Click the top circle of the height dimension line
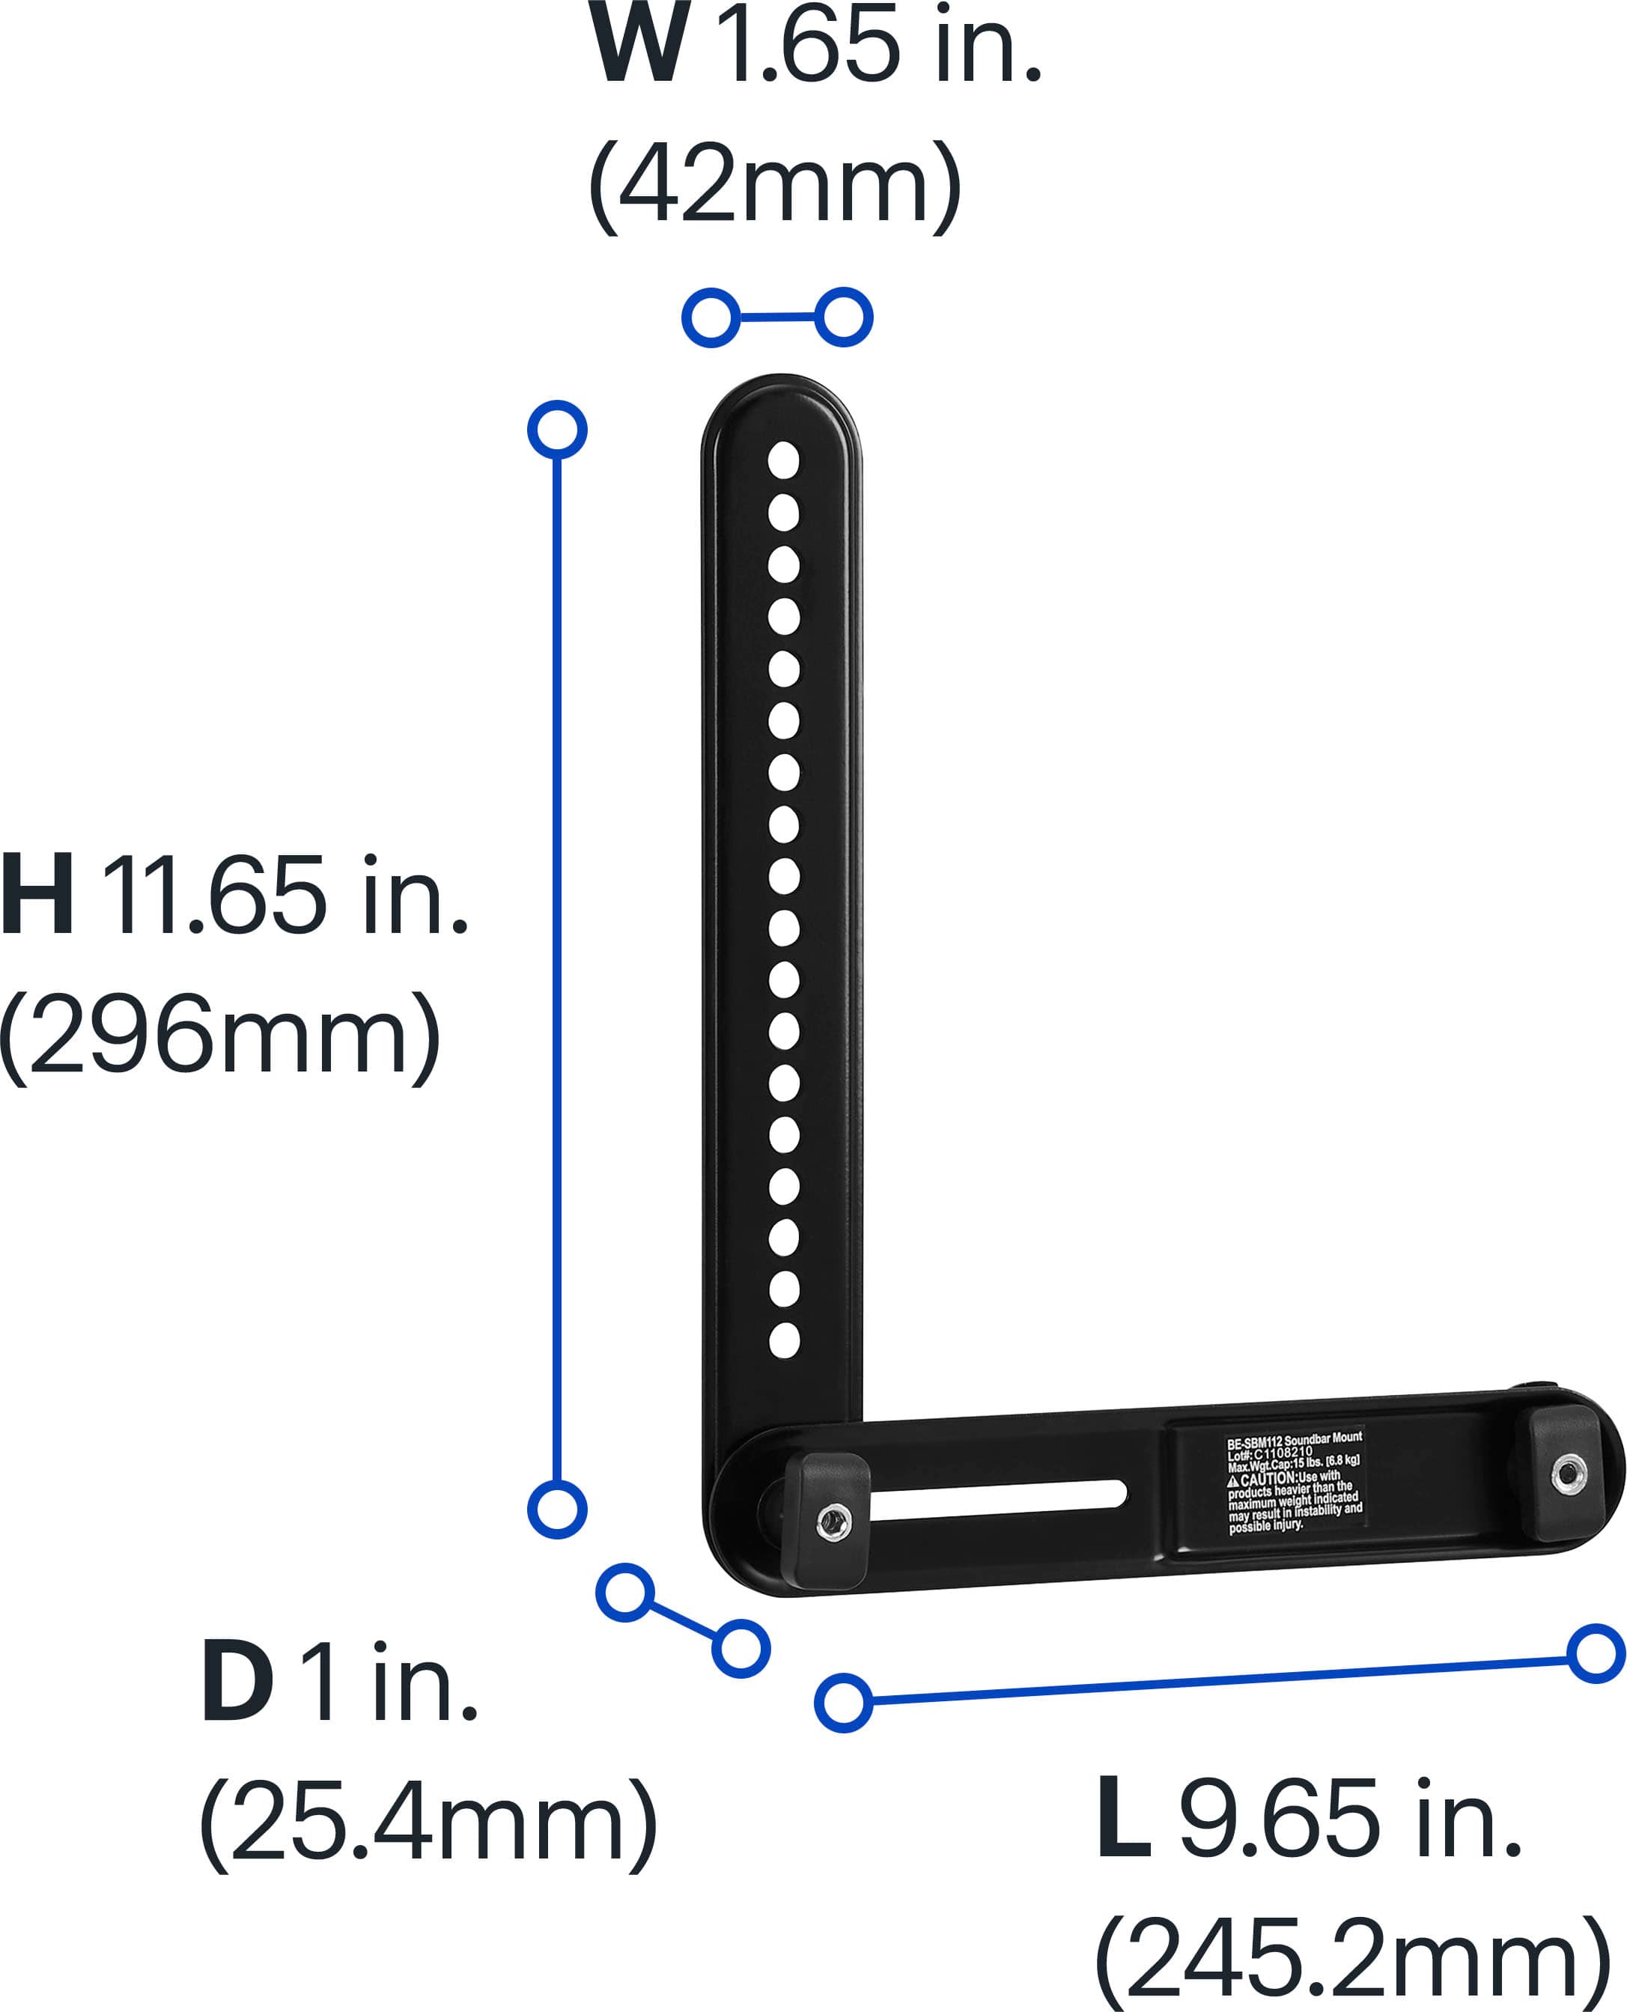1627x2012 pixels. [x=557, y=430]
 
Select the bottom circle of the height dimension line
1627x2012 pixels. [x=557, y=1509]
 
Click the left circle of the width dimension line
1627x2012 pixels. [x=711, y=317]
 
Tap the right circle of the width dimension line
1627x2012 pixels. [x=844, y=317]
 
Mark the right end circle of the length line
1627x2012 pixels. [x=1595, y=1654]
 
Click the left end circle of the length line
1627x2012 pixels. [x=844, y=1702]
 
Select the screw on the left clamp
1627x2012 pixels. [x=833, y=1522]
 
